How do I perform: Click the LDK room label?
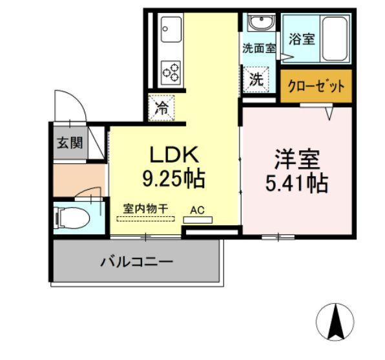click(x=172, y=155)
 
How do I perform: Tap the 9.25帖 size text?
click(x=172, y=178)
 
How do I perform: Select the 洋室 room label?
click(x=297, y=158)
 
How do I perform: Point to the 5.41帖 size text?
click(x=297, y=183)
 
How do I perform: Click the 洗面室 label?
click(x=258, y=48)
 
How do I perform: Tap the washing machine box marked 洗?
click(x=256, y=80)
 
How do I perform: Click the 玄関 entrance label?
click(x=68, y=143)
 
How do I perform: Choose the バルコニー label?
click(x=136, y=263)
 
